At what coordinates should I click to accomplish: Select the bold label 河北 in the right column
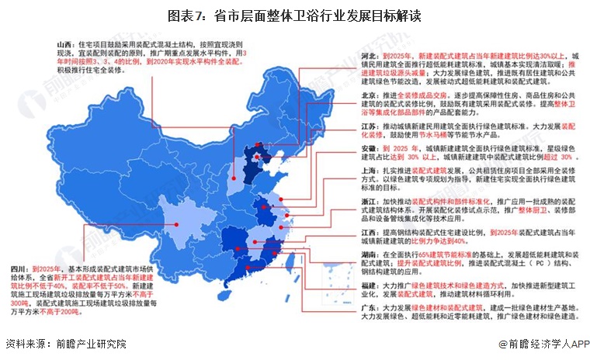[370, 57]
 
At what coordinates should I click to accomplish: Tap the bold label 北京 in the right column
[370, 95]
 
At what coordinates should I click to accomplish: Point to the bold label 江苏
[370, 125]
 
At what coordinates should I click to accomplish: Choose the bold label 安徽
[370, 147]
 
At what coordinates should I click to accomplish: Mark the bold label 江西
[370, 232]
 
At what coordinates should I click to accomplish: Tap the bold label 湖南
[370, 254]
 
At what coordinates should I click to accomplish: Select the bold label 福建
[370, 286]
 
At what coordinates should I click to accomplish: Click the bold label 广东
[370, 308]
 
